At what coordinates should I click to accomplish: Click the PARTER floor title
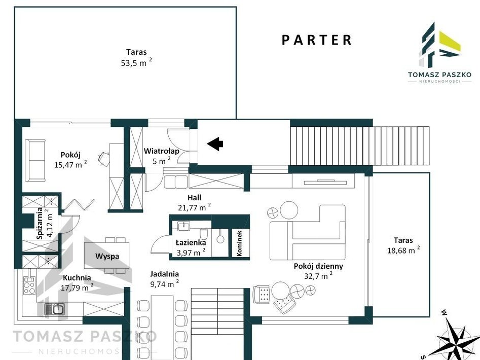click(316, 40)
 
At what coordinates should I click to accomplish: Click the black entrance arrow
click(215, 143)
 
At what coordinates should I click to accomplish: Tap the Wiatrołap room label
click(161, 151)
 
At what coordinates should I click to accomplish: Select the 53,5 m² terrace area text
click(136, 62)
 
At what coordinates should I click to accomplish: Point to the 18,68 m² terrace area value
click(403, 250)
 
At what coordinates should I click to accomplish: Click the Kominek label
click(239, 243)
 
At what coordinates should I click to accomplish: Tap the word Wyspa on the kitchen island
click(107, 256)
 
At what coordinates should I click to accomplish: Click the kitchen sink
click(55, 309)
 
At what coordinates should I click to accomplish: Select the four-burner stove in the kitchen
click(29, 285)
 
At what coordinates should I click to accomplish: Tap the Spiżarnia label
click(40, 224)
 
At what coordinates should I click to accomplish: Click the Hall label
click(195, 197)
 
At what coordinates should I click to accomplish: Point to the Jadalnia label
click(164, 274)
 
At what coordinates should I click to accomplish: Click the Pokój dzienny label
click(318, 266)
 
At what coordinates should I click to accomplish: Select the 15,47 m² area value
click(70, 164)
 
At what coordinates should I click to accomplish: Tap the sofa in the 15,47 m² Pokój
click(35, 160)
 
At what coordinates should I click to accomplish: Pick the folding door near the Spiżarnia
click(79, 204)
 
